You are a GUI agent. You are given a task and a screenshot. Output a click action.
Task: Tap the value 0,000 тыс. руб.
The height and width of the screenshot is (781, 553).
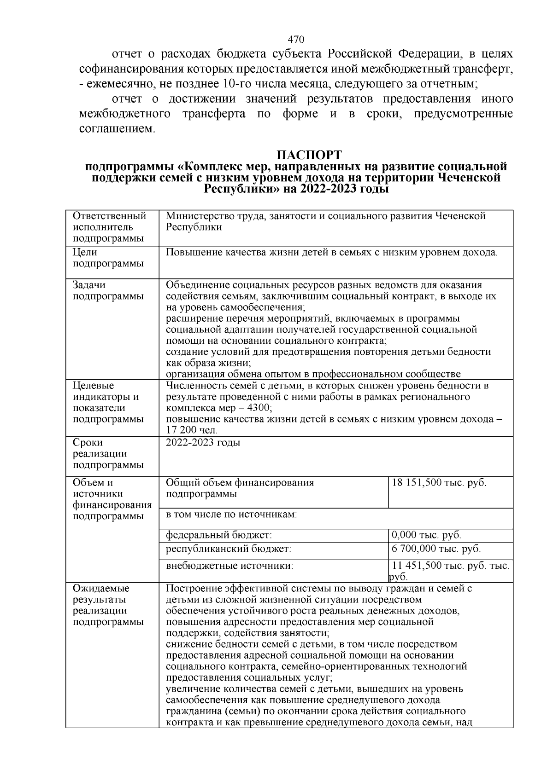click(x=426, y=535)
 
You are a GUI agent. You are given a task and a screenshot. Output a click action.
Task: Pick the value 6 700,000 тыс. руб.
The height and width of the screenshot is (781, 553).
click(x=436, y=549)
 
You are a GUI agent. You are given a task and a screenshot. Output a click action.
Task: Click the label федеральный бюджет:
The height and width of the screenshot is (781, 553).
click(x=219, y=535)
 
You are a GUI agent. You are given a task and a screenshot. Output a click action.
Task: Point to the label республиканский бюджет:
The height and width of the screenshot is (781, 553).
click(x=228, y=549)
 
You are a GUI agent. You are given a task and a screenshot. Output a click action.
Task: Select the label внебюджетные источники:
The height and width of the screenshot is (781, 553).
click(x=229, y=566)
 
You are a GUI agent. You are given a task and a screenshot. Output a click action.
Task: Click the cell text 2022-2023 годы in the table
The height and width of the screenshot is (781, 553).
click(x=203, y=443)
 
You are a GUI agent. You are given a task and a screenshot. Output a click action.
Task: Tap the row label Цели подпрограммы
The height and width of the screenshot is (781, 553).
click(x=108, y=258)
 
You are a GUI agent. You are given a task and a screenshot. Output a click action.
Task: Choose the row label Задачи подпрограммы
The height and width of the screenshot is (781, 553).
click(x=108, y=290)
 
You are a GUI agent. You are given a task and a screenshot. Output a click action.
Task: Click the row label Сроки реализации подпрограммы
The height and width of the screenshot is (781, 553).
click(x=108, y=453)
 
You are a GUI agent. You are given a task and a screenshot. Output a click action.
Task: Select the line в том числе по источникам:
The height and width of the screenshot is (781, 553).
click(x=231, y=515)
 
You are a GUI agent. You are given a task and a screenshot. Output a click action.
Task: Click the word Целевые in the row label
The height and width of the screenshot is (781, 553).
click(x=94, y=386)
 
